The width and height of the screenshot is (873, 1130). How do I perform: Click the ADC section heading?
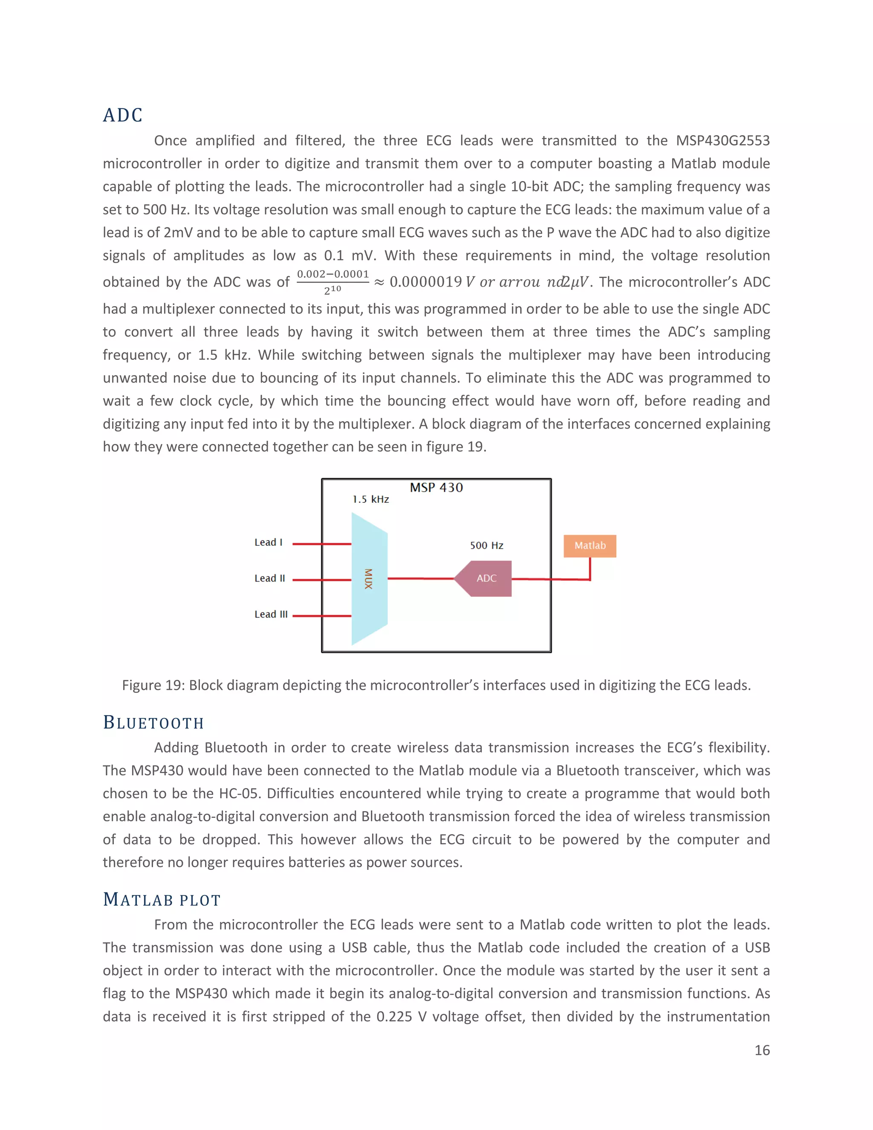pos(123,115)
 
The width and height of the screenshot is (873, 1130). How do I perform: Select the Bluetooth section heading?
pos(153,722)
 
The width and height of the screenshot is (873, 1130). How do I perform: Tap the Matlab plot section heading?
pos(162,899)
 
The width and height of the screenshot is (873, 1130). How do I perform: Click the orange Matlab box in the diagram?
pos(590,546)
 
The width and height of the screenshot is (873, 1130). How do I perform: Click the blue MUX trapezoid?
pos(369,579)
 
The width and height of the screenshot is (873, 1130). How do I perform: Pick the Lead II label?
pos(269,579)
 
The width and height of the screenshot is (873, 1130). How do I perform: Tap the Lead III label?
pos(271,614)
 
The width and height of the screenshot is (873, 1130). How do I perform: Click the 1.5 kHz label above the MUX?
pos(371,499)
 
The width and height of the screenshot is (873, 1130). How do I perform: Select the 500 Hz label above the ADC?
pos(486,545)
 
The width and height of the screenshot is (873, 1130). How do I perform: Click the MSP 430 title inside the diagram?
pos(436,487)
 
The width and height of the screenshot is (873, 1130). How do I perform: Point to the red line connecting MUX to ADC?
pos(420,579)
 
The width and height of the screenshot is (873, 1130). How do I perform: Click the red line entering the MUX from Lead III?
pos(322,616)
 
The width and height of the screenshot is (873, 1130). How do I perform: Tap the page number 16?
pos(762,1050)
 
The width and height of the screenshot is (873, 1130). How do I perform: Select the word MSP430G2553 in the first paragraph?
pos(723,141)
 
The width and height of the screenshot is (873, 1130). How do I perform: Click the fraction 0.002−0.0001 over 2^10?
pos(332,281)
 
